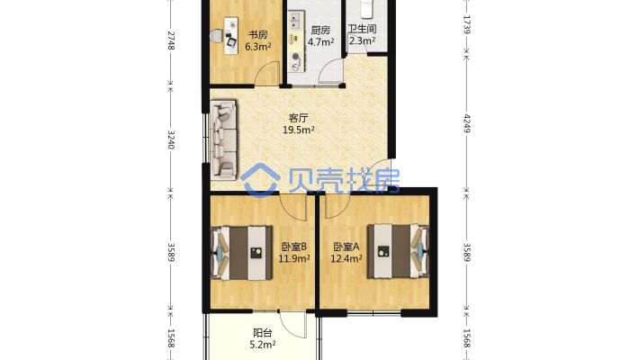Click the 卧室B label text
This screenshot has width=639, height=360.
click(294, 247)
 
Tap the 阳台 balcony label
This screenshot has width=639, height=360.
click(263, 331)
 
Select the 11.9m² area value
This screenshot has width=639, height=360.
click(294, 258)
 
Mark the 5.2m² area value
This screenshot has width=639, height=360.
click(263, 343)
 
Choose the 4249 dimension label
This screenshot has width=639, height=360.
click(466, 121)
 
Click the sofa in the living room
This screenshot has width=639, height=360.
click(224, 139)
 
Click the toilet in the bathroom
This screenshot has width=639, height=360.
click(364, 9)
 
